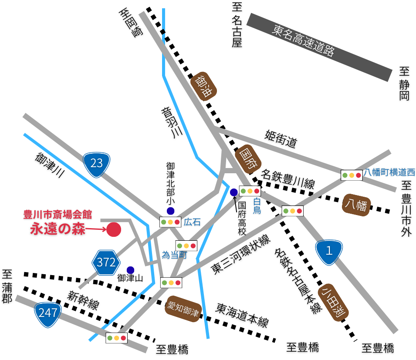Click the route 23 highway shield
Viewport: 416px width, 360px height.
pyautogui.click(x=97, y=163)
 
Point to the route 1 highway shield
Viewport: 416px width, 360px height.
pyautogui.click(x=329, y=251)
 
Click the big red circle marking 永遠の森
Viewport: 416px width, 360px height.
pyautogui.click(x=114, y=229)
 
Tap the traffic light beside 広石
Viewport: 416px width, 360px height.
pyautogui.click(x=170, y=222)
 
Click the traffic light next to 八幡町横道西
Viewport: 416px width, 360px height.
pyautogui.click(x=352, y=175)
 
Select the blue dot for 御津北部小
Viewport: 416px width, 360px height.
pyautogui.click(x=170, y=211)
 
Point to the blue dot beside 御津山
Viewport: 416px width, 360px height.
pyautogui.click(x=130, y=270)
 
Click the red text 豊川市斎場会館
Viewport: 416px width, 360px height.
pyautogui.click(x=57, y=215)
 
